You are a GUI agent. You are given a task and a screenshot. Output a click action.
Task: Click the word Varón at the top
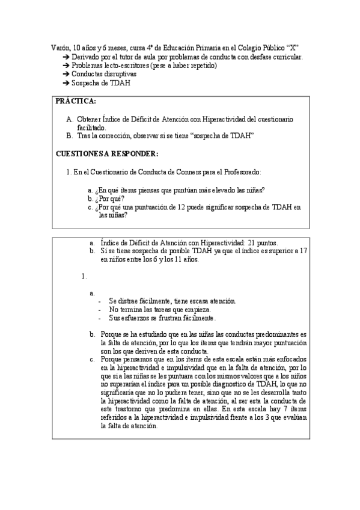click(x=58, y=48)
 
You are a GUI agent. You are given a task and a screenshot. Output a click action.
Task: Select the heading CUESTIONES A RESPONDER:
click(x=107, y=153)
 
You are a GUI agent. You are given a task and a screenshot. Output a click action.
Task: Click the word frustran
click(x=163, y=317)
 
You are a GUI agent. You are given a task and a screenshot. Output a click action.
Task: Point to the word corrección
click(x=113, y=136)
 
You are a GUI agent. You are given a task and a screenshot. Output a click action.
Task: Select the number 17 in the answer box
click(x=304, y=251)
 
